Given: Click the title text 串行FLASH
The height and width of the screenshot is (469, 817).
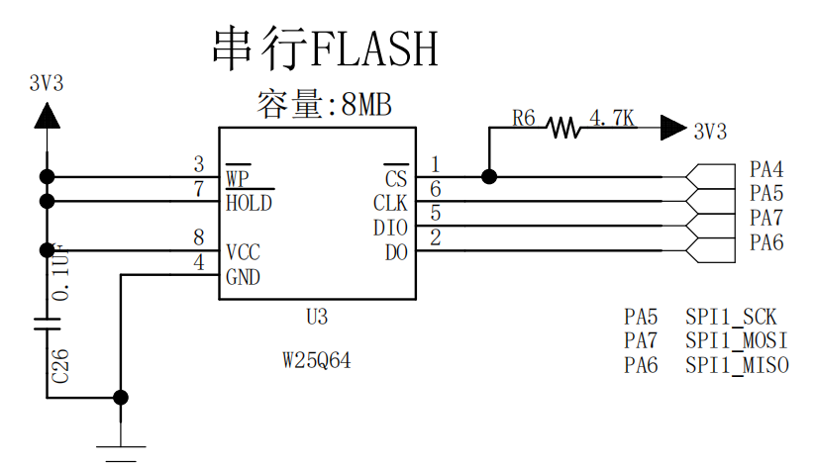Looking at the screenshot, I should (325, 47).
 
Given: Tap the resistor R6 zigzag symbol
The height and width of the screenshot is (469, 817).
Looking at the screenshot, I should (563, 127).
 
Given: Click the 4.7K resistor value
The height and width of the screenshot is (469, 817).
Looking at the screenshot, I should (611, 119).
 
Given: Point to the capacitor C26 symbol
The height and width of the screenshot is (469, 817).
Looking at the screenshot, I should (46, 323).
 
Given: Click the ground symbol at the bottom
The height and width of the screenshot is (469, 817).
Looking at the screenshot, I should (121, 451).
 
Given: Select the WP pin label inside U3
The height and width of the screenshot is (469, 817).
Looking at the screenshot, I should (238, 179).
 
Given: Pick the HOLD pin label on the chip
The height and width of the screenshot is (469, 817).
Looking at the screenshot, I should (249, 204).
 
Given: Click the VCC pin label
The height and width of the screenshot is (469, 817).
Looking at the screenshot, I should (243, 251).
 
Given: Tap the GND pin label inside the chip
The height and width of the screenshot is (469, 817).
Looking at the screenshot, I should (243, 277).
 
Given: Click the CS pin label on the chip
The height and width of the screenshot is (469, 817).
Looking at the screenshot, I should (395, 179).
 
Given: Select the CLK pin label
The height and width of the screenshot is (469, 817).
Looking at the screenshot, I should (390, 204).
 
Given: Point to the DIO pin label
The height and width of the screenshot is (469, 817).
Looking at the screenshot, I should (390, 228).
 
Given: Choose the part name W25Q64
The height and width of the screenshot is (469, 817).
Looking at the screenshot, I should (316, 362).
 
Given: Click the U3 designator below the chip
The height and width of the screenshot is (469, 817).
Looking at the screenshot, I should (316, 318).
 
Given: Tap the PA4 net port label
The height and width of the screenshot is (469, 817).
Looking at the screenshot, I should (766, 169).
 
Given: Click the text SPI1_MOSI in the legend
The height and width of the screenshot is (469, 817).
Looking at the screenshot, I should (737, 341).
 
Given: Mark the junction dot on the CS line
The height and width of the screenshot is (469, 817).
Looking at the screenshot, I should (488, 177).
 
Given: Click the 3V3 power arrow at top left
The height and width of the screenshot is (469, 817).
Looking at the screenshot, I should (46, 116).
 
